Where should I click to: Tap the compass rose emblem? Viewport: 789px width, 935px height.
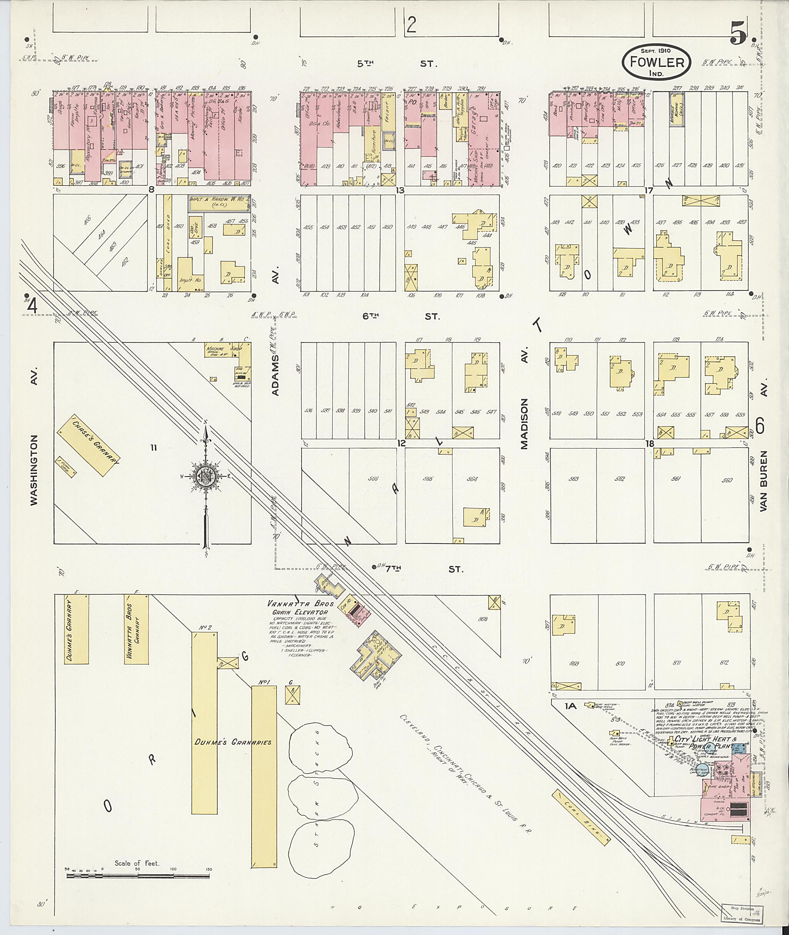[x=205, y=477]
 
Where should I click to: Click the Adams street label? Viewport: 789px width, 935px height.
[x=275, y=375]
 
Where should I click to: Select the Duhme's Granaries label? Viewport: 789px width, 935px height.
[x=233, y=742]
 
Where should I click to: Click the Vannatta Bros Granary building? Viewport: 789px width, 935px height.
[x=137, y=629]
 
